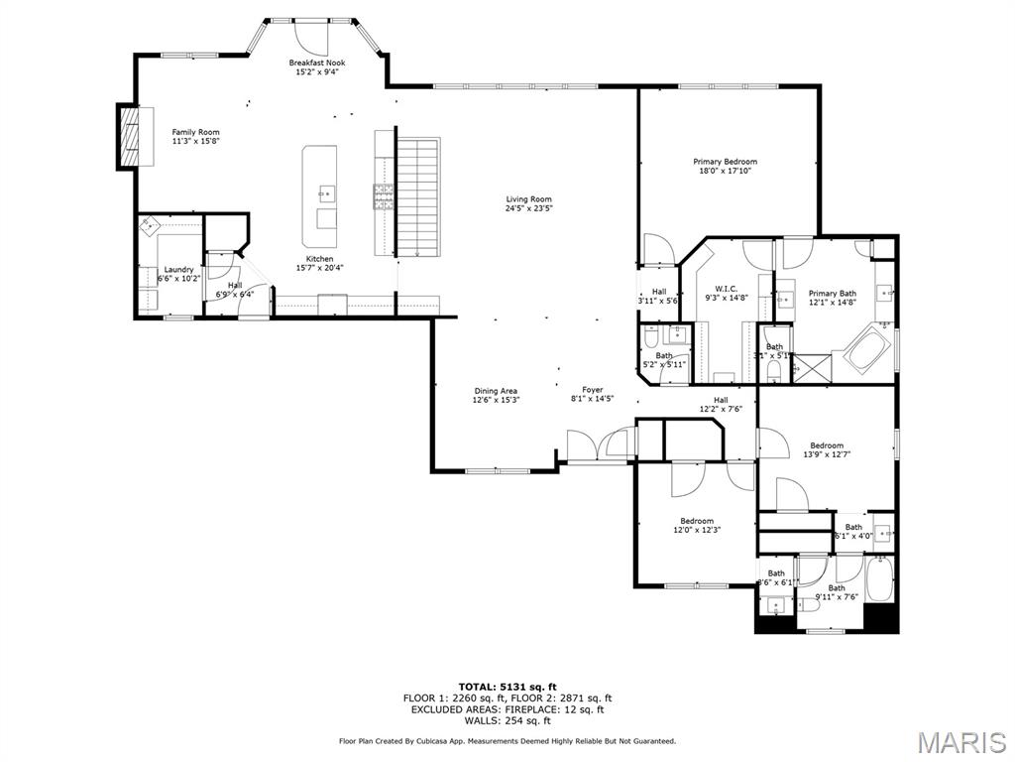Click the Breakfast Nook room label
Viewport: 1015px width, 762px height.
317,63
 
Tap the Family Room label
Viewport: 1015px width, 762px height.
195,132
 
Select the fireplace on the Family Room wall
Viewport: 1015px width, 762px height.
128,136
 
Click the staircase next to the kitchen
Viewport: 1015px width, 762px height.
416,195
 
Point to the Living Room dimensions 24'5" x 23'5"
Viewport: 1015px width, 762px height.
528,208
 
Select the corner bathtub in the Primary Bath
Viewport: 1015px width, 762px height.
868,348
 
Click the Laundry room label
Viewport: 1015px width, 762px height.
178,270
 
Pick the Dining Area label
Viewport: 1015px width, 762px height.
496,391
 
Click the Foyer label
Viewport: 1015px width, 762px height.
592,390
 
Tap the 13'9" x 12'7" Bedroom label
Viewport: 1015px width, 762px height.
827,445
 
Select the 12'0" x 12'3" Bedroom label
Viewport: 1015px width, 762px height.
696,521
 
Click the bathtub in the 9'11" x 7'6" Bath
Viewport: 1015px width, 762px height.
880,579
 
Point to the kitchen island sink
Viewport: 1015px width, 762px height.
326,192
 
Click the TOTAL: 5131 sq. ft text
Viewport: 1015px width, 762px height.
507,687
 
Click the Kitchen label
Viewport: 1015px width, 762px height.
319,259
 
